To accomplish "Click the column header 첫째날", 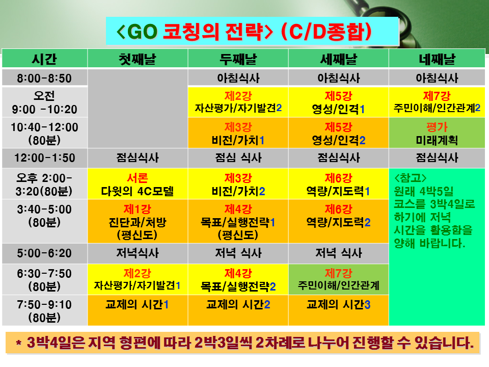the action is tap(138, 58).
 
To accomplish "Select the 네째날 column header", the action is tap(437, 58).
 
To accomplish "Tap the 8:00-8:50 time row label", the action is tap(44, 77).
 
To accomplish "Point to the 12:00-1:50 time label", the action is tap(44, 158).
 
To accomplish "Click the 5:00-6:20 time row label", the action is tap(44, 253).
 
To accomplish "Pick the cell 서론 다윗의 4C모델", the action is tap(138, 184).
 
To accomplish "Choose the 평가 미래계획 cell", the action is tap(437, 133).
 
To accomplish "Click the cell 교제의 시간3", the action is tap(338, 310).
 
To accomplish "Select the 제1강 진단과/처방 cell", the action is tap(138, 221).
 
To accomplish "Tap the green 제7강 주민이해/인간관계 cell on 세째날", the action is tap(338, 279).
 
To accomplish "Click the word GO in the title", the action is tap(142, 32).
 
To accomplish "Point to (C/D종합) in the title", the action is tap(326, 32).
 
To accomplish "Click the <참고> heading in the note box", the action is tap(410, 178).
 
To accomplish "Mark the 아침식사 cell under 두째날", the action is tap(238, 77).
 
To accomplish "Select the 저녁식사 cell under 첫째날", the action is tap(138, 253).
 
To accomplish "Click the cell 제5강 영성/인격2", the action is tap(338, 133).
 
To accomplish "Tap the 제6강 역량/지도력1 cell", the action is tap(338, 184).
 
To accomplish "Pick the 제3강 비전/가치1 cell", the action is tap(238, 133).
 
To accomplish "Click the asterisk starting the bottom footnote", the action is tap(19, 343).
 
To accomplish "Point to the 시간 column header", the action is tap(44, 58).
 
